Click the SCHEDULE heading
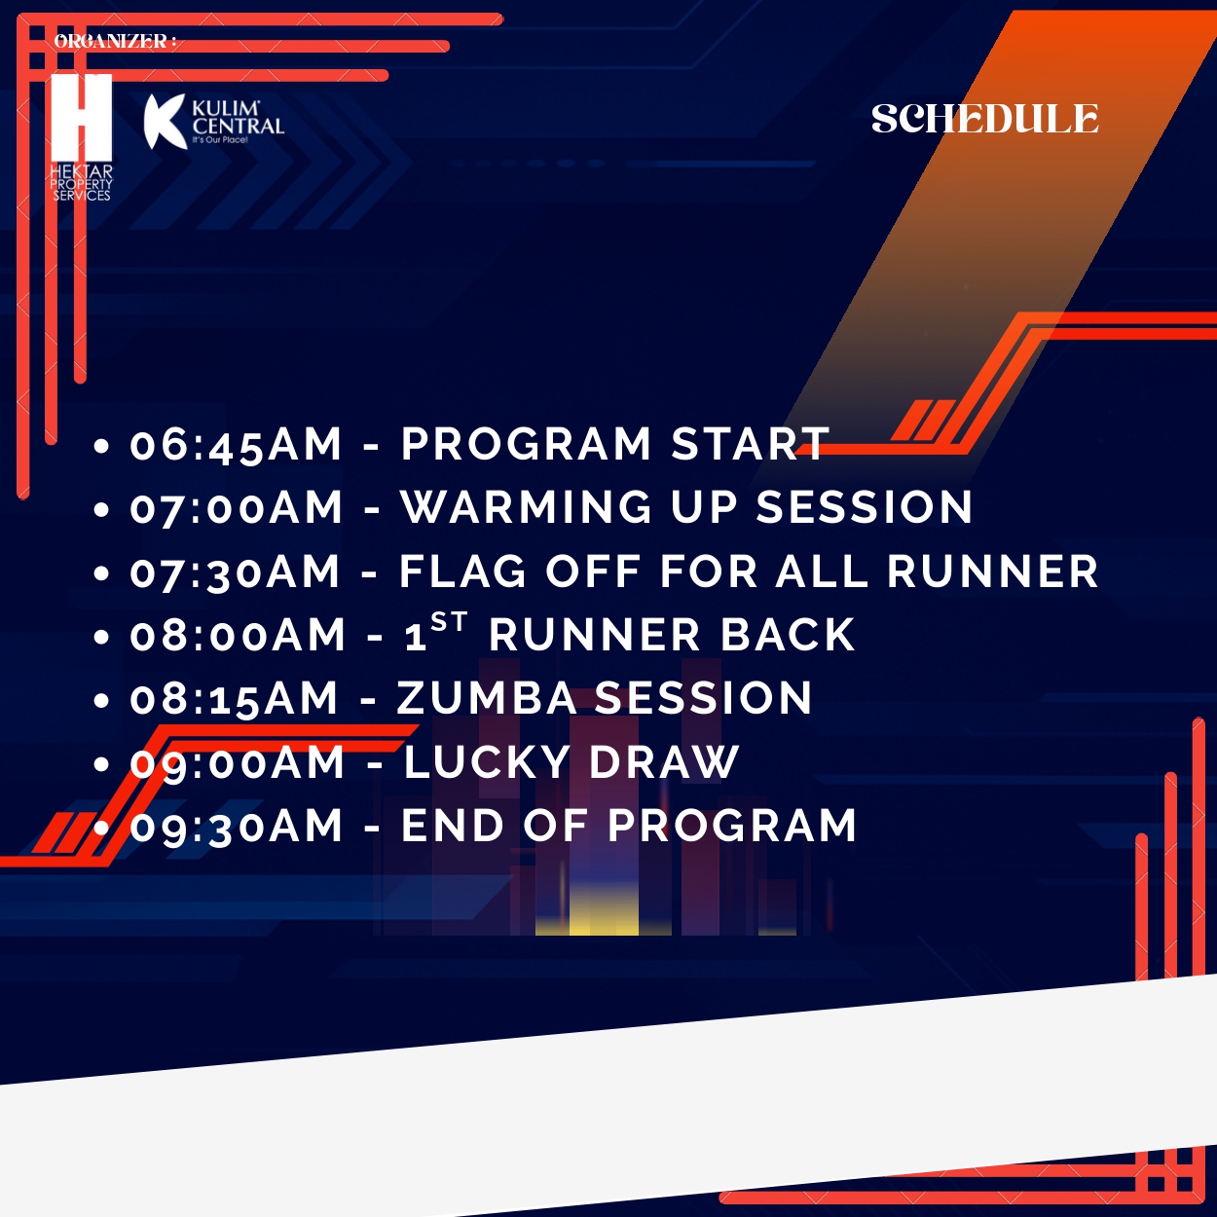tap(984, 119)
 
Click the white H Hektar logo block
tap(82, 118)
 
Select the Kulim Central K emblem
tap(166, 122)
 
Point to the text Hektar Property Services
tap(82, 183)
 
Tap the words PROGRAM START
tap(615, 443)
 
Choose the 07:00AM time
tap(237, 508)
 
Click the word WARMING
tap(527, 506)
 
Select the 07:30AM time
tap(236, 572)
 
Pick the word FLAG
tap(462, 572)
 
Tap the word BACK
tap(788, 634)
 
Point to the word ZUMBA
tap(486, 698)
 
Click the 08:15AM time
tap(235, 699)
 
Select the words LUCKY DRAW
tap(571, 761)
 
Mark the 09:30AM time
tap(237, 826)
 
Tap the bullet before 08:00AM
tap(101, 637)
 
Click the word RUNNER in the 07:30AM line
tap(993, 572)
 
